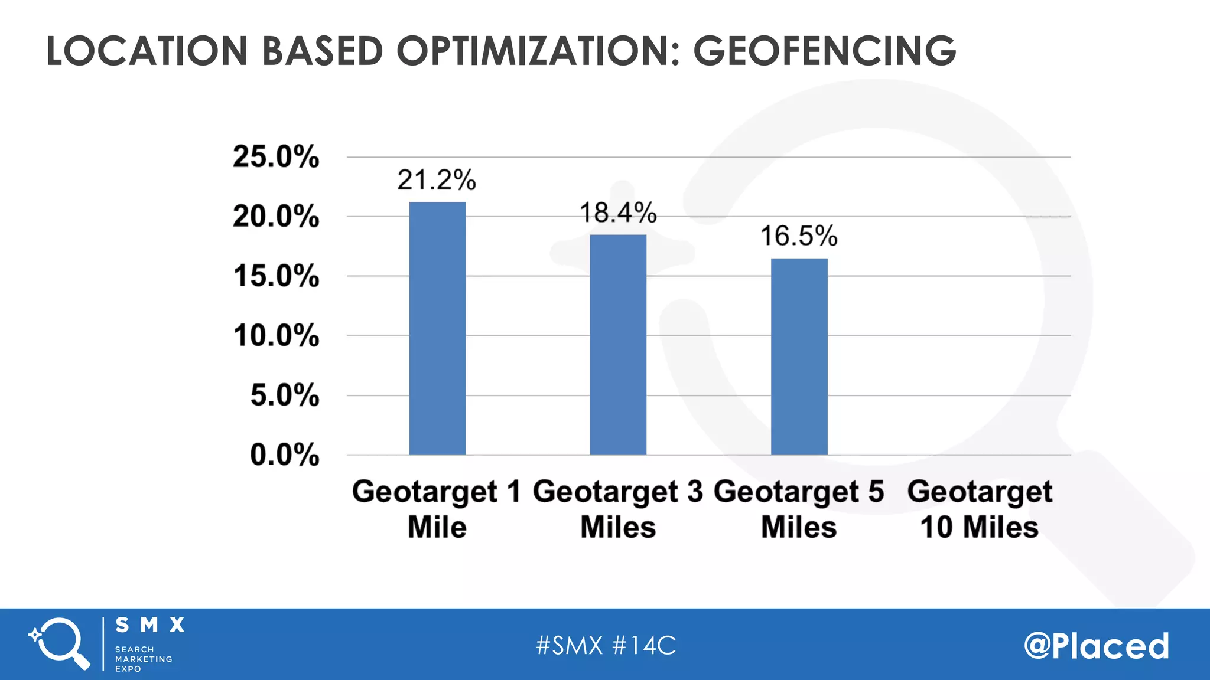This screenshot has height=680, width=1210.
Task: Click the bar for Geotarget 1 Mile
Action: click(x=437, y=328)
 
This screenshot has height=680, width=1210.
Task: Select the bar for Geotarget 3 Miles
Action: click(x=618, y=345)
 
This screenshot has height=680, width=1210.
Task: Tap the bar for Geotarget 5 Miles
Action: click(x=799, y=357)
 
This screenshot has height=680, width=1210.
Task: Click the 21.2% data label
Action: click(x=436, y=180)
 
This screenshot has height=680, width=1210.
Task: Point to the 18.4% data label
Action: click(x=617, y=212)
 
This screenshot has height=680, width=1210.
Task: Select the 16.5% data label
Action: click(x=798, y=236)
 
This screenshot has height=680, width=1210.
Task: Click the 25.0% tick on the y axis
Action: click(x=275, y=157)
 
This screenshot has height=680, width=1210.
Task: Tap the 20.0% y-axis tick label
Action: click(x=275, y=217)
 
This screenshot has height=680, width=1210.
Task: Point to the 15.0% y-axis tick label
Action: click(x=276, y=276)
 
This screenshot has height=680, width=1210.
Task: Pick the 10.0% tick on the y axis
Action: click(x=276, y=336)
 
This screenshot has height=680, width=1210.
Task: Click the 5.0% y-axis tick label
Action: click(x=284, y=395)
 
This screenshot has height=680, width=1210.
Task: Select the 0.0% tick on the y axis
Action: click(x=284, y=455)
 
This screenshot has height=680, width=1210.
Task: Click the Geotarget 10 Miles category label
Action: click(x=980, y=509)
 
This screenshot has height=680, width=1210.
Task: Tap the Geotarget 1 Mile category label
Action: click(x=437, y=509)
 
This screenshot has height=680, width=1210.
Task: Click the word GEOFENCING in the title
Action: click(x=824, y=51)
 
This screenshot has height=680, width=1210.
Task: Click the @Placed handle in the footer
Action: click(x=1097, y=645)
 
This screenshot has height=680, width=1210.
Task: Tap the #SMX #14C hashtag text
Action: click(x=606, y=645)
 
